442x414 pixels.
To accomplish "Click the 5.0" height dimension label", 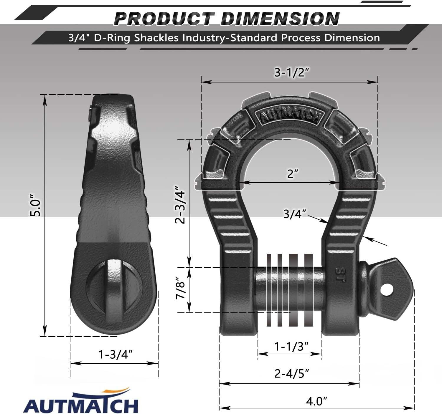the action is point(35,205).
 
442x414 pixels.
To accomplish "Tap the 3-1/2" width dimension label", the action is point(292,72).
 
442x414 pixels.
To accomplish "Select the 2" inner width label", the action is point(292,174).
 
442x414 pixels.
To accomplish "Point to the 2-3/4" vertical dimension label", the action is point(180,205).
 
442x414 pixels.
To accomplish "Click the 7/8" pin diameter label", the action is point(180,288).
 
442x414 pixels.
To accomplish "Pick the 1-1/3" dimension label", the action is point(291,346).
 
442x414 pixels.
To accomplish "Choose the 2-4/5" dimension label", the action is point(292,373).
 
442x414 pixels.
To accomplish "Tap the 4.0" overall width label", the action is point(316,401).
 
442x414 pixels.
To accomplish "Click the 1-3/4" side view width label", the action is point(115,355).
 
